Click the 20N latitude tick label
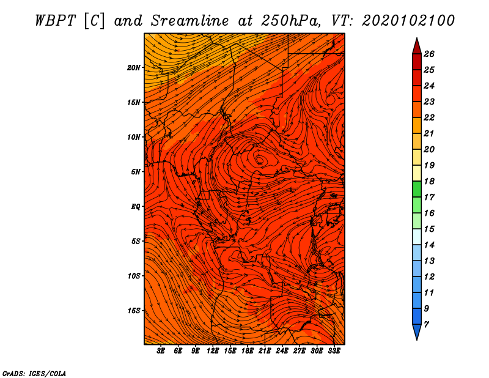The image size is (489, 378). tap(134, 68)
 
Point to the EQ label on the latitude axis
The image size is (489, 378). tap(136, 207)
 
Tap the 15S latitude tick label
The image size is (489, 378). tap(134, 311)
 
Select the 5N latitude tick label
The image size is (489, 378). tap(136, 172)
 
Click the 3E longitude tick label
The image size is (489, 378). tap(161, 351)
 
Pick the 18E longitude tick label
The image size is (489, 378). tap(248, 351)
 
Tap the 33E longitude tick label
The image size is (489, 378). tap(334, 351)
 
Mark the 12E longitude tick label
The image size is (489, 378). tap(212, 351)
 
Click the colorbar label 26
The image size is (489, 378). tap(429, 54)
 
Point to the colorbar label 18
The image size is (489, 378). tap(429, 181)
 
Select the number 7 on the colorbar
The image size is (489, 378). tap(426, 325)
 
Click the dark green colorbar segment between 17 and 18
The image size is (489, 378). tap(417, 189)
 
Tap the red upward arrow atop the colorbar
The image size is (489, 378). tap(417, 46)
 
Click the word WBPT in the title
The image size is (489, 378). tap(56, 21)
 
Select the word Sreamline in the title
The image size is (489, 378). tap(190, 21)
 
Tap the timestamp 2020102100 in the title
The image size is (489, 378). tap(408, 21)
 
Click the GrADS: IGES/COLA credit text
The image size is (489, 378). tap(34, 373)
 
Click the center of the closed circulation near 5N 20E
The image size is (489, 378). tap(259, 160)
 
